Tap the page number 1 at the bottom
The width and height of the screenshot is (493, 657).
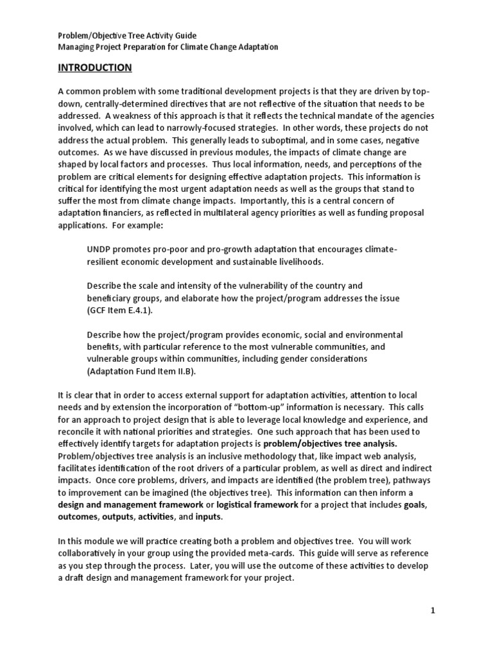(433, 611)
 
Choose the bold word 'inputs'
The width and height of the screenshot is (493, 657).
(205, 516)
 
